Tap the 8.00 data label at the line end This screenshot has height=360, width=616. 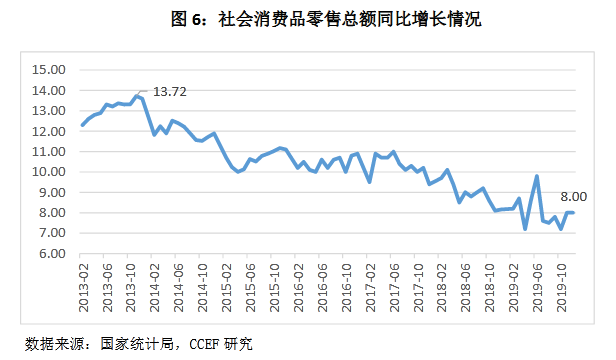click(571, 197)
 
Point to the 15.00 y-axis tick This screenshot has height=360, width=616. click(49, 70)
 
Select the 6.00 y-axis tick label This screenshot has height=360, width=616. click(49, 254)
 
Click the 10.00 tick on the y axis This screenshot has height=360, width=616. click(49, 172)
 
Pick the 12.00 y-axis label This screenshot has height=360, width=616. click(49, 131)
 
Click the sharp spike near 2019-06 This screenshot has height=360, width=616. click(537, 176)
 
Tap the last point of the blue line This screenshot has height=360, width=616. click(573, 212)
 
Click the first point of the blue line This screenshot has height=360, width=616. click(83, 125)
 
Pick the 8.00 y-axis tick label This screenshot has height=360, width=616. click(49, 213)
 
